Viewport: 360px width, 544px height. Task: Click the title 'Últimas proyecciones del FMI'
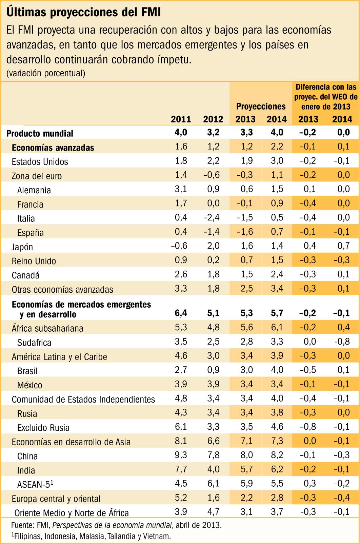click(83, 12)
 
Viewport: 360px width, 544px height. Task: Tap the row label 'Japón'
click(22, 247)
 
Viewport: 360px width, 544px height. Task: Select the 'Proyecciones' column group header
click(261, 106)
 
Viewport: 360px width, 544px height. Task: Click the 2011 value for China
click(181, 455)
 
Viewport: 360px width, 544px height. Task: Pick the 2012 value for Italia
click(212, 217)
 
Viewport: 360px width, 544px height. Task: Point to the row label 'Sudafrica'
click(34, 343)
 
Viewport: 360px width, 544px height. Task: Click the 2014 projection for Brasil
click(277, 370)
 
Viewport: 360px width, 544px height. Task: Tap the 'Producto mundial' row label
click(40, 133)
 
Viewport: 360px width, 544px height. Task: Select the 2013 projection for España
click(245, 231)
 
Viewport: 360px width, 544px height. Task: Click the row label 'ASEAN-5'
click(35, 484)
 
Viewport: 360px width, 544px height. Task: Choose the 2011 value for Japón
click(179, 246)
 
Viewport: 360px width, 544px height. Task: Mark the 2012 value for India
click(213, 469)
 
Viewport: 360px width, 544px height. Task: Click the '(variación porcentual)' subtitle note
click(46, 73)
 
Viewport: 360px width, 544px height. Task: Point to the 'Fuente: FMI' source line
click(117, 525)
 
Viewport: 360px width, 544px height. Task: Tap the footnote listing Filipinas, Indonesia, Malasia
click(91, 536)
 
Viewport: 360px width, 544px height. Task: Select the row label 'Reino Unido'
click(34, 261)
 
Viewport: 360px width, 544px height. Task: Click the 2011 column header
click(181, 119)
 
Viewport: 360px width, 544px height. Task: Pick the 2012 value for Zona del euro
click(212, 175)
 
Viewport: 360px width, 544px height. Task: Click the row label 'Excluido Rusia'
click(43, 428)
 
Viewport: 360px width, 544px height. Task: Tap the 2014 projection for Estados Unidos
click(277, 161)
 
